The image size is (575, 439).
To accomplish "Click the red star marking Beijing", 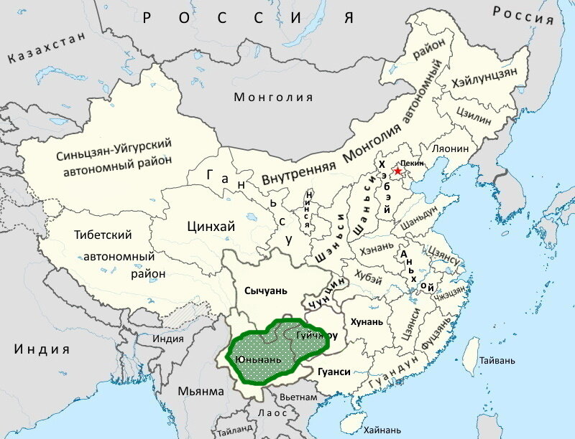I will (397, 170).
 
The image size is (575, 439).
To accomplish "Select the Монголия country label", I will (274, 98).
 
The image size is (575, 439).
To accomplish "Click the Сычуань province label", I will (266, 291).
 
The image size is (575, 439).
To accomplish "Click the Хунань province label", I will (367, 321).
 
